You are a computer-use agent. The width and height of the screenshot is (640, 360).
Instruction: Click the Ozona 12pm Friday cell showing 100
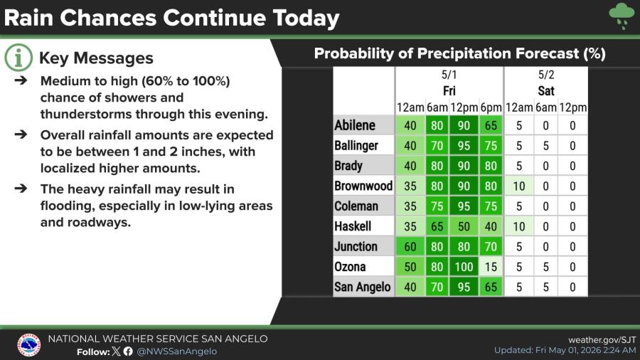coord(464,267)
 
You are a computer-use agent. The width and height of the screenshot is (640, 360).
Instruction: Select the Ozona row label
coord(350,267)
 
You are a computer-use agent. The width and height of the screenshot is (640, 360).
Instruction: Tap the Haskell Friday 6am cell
coord(437,226)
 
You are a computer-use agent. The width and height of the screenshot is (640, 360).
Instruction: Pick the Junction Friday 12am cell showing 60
coord(410,247)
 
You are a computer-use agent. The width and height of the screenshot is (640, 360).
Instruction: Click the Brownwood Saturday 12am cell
coord(519,186)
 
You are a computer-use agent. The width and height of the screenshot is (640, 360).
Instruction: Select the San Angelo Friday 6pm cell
coord(491,287)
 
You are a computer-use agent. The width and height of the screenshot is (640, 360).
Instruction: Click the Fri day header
coord(449,90)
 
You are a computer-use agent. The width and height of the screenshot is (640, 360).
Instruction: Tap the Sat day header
coord(546,90)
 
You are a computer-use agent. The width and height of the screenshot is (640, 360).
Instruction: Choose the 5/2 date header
coord(546,75)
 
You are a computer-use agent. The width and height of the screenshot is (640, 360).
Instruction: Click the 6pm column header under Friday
coord(491,107)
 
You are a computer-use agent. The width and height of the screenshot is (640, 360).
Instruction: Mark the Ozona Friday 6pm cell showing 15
coord(491,267)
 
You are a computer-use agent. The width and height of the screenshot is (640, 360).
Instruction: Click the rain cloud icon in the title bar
coord(622,16)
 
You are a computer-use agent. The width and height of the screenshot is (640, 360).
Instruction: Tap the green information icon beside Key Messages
coord(18,58)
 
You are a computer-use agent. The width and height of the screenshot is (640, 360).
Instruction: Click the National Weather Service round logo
coord(29,345)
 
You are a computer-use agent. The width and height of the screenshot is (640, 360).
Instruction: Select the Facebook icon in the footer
coord(128,351)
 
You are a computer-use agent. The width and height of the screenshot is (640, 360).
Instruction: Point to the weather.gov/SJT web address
coord(602,339)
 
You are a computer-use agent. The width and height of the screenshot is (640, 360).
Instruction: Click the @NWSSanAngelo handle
coord(177,351)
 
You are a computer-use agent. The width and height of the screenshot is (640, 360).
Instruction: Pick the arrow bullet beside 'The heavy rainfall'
coord(21,188)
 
